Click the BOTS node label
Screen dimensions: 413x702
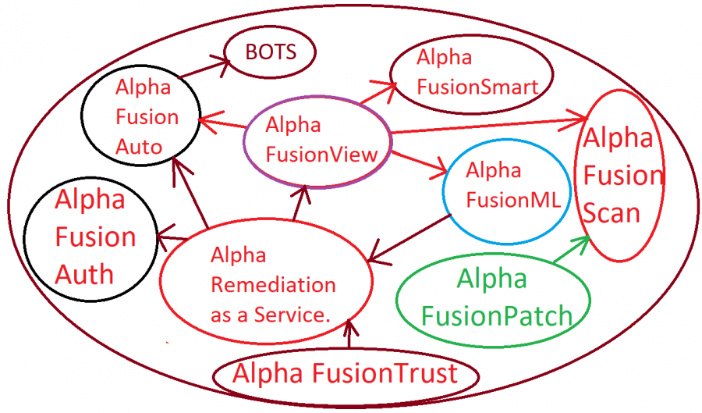point(270,53)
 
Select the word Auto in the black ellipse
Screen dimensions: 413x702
point(139,146)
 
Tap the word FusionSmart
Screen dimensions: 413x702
point(477,87)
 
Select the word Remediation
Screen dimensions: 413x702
point(273,284)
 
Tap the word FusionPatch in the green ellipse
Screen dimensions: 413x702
point(496,315)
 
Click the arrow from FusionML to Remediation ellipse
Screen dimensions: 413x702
point(409,237)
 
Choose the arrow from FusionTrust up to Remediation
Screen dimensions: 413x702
point(349,335)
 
